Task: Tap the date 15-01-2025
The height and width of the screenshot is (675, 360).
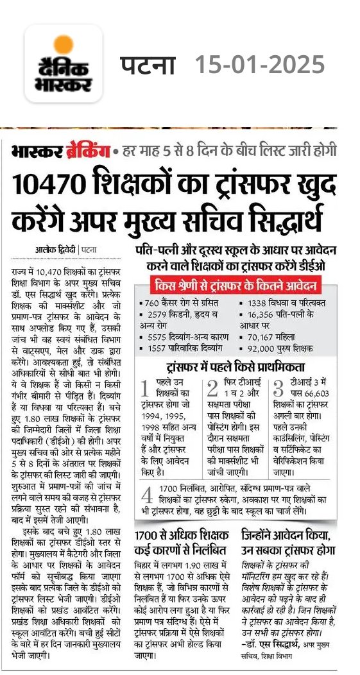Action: [260, 65]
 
